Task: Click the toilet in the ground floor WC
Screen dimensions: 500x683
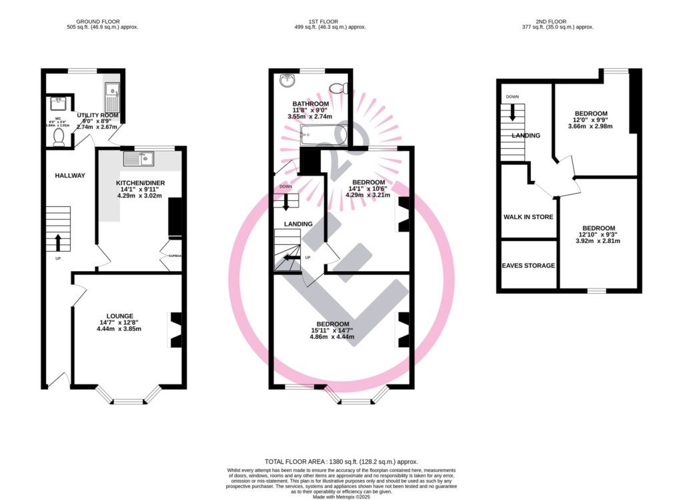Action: [58, 137]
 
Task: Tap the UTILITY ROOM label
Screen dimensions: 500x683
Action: [97, 115]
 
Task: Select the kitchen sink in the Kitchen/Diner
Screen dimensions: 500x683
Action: [139, 159]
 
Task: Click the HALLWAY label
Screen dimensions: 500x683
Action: [70, 176]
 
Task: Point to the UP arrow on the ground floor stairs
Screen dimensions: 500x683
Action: [58, 241]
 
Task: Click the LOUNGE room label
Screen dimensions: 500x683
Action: [120, 316]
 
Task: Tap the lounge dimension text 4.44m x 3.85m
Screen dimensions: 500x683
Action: [120, 328]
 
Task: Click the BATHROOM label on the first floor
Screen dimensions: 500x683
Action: [311, 104]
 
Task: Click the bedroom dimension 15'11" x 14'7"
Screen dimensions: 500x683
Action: [331, 329]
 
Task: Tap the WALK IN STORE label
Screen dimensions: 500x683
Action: [529, 217]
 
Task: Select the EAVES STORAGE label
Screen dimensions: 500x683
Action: [529, 266]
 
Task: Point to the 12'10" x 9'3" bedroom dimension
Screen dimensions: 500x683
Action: [598, 234]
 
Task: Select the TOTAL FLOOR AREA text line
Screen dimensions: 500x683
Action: [341, 461]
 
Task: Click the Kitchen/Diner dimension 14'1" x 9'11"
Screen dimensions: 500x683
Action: [140, 190]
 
